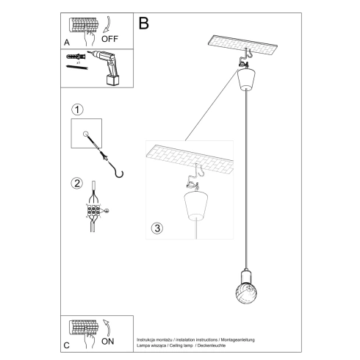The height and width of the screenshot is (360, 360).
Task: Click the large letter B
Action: pyautogui.click(x=144, y=23)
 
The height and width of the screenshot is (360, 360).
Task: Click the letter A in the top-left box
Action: pyautogui.click(x=67, y=43)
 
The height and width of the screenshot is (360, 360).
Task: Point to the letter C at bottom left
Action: pyautogui.click(x=66, y=343)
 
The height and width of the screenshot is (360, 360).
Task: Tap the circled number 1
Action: pyautogui.click(x=76, y=109)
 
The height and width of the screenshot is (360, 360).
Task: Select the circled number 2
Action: pyautogui.click(x=76, y=183)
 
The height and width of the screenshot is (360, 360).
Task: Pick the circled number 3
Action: pyautogui.click(x=156, y=228)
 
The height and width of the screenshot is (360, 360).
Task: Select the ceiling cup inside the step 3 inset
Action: pyautogui.click(x=195, y=206)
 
